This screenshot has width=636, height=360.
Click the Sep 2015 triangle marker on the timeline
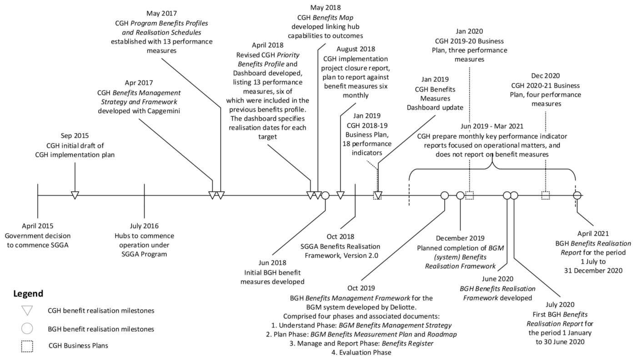(75, 195)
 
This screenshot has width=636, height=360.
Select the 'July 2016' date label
(144, 226)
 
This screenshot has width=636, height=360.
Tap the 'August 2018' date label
(355, 49)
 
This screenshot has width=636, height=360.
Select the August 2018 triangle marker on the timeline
(341, 195)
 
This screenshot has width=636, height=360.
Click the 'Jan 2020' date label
(469, 31)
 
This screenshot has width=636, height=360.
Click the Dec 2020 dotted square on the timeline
(546, 195)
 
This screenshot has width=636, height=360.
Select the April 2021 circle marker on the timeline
(577, 195)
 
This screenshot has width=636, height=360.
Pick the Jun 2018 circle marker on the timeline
(325, 195)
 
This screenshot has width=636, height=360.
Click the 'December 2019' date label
(460, 238)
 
